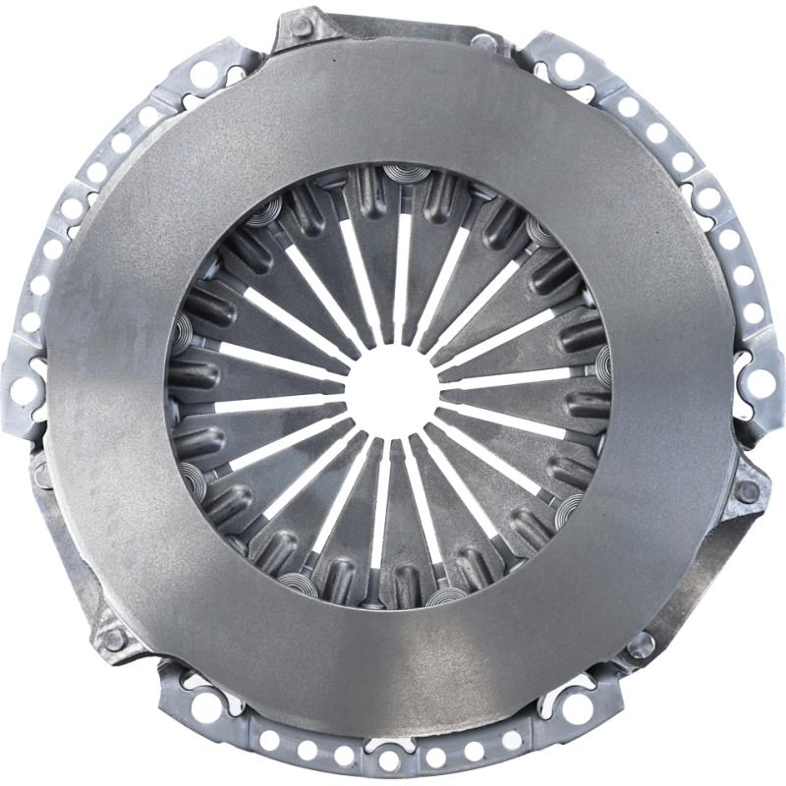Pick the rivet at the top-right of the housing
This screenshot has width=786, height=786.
pyautogui.click(x=482, y=42)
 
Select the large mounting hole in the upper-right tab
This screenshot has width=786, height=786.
pyautogui.click(x=570, y=67)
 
